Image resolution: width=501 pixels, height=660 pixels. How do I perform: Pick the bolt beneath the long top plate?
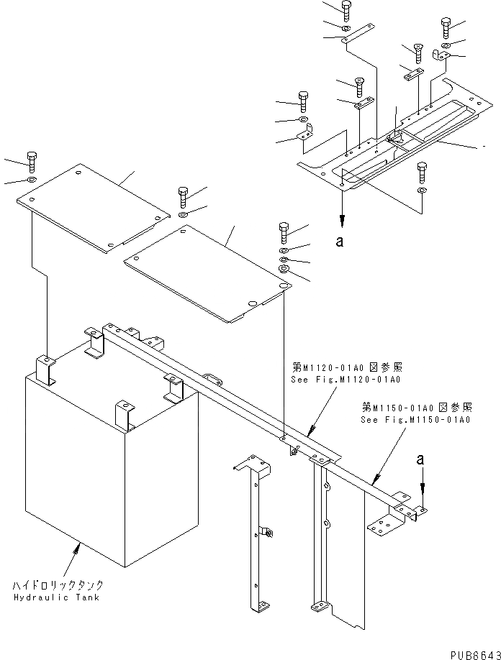click(x=421, y=173)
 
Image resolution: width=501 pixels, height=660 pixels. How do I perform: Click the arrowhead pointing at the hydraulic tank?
click(x=78, y=549)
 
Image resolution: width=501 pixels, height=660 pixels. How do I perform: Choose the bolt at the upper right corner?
click(x=444, y=29)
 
